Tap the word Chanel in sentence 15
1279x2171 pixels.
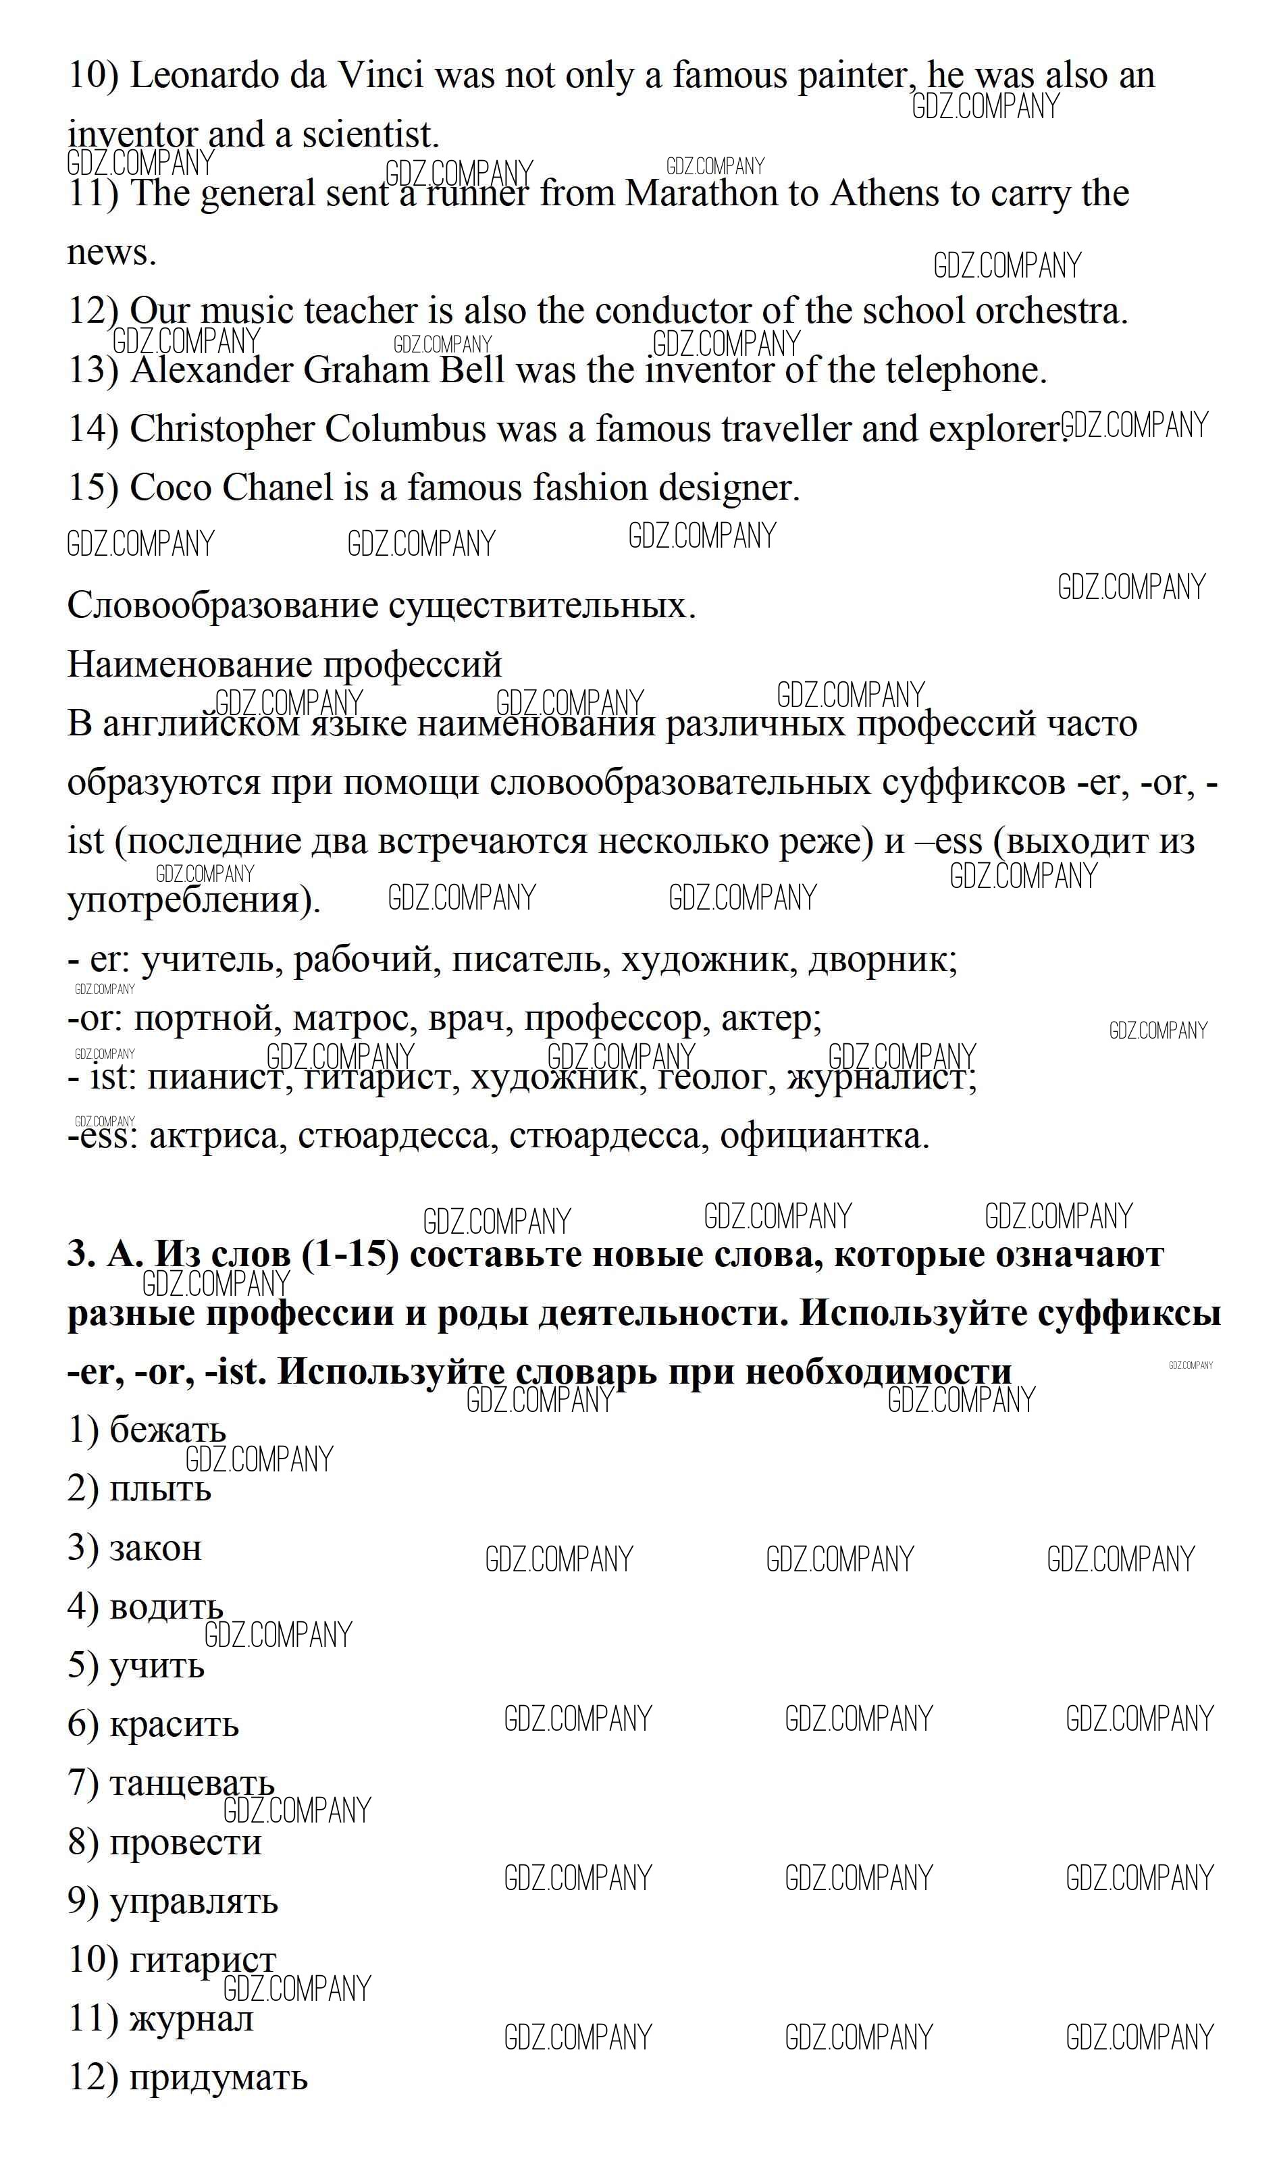click(x=278, y=488)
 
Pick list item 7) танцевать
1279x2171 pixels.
click(x=171, y=1783)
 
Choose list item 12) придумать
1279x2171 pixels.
click(x=187, y=2078)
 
